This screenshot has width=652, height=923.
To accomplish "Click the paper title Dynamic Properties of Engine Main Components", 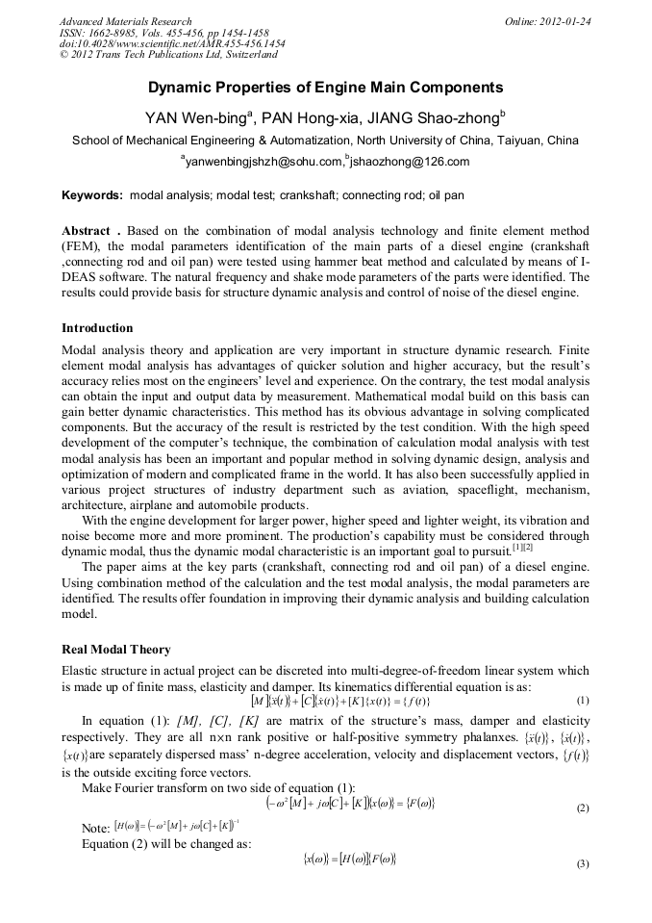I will pos(325,88).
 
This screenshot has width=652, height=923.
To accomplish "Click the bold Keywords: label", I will pos(92,195).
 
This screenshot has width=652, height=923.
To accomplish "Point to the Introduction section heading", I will pos(100,327).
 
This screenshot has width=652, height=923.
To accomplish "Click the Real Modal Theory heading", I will pos(116,649).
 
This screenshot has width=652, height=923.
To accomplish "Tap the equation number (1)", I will pos(583,701).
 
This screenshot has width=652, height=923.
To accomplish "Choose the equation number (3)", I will pos(583,863).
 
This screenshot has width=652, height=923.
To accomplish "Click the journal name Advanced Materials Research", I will pos(126,21).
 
